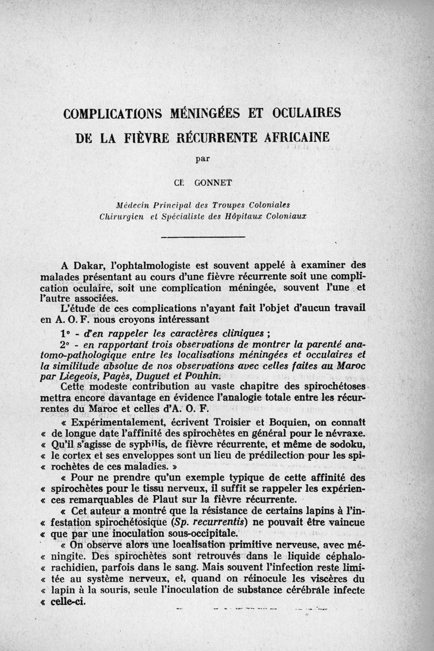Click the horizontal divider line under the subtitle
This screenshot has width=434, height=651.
[x=202, y=238]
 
